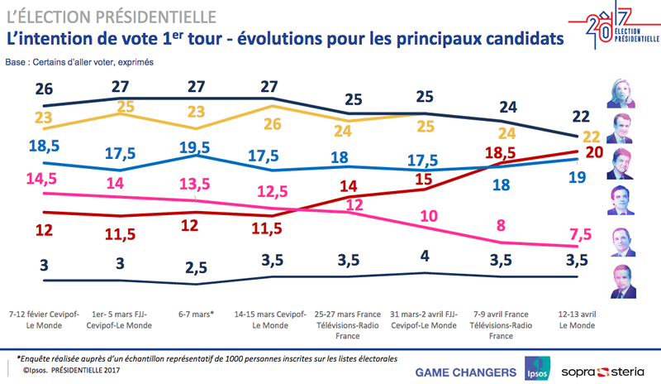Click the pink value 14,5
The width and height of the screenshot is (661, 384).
[x=42, y=178]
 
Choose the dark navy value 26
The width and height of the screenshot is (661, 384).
[x=43, y=89]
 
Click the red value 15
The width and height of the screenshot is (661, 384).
[x=425, y=179]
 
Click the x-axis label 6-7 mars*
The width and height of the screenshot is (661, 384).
[x=195, y=315]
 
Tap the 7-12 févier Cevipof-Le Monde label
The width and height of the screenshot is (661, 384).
[x=42, y=320]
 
